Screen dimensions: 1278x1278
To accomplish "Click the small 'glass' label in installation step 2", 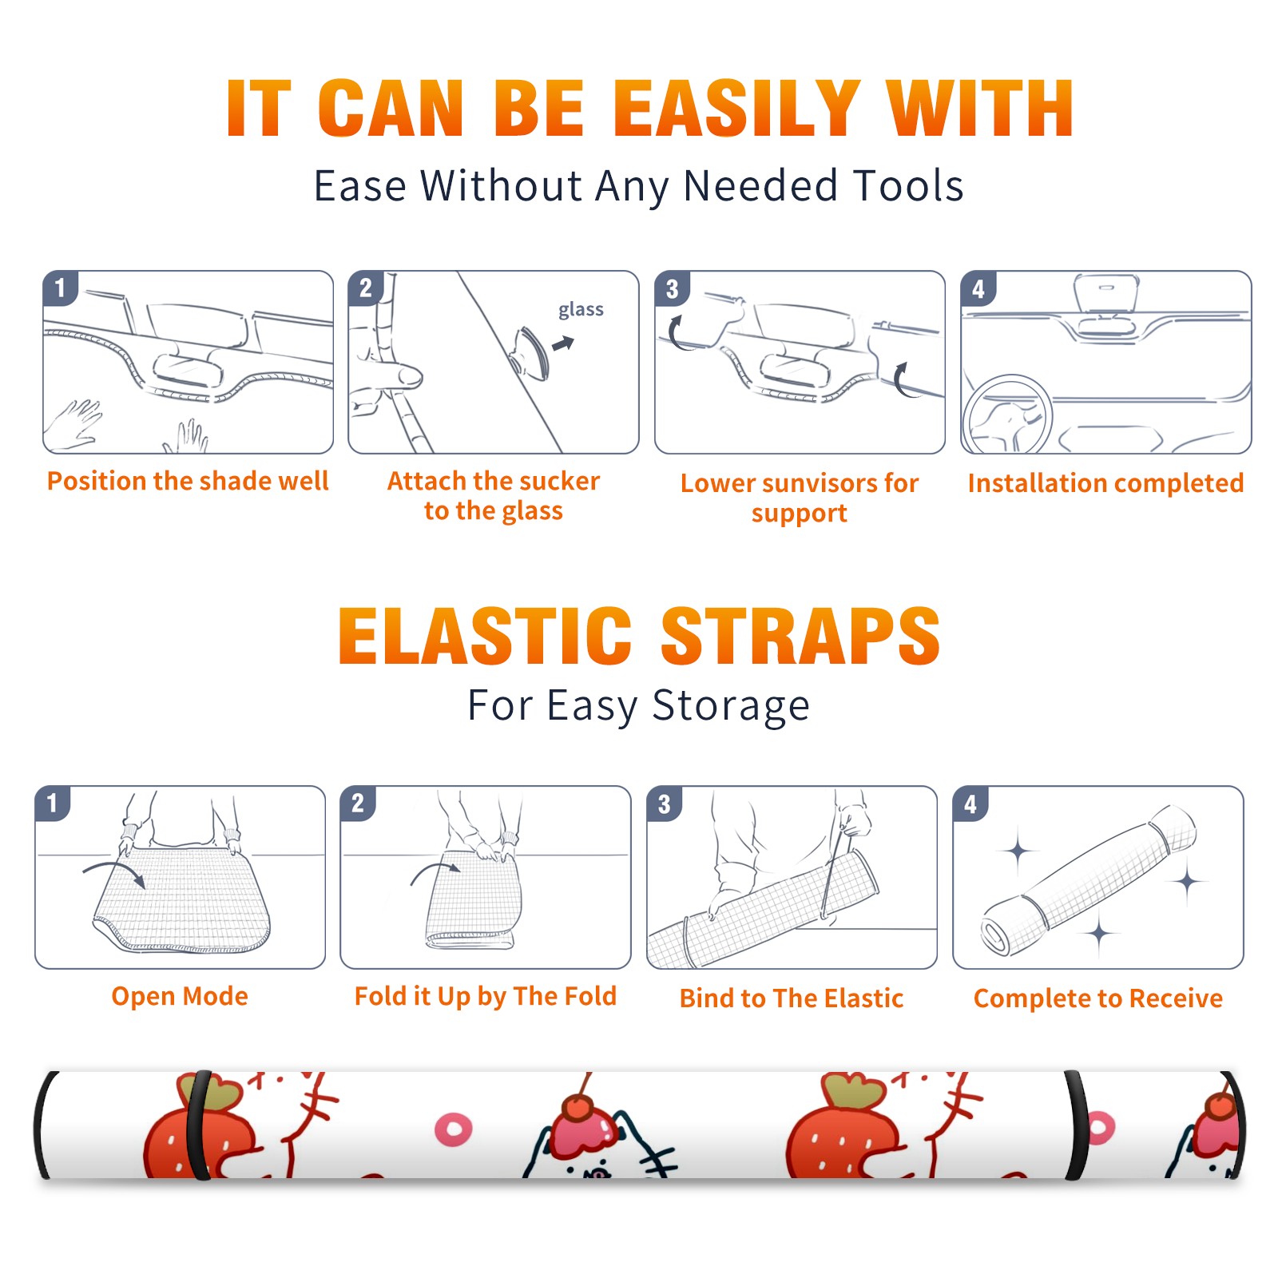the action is coord(581,310).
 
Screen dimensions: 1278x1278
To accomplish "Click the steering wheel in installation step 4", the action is coord(1007,415).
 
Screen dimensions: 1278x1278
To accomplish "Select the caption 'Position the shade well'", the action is coord(188,481).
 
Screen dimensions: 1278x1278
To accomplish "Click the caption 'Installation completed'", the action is coord(1105,482).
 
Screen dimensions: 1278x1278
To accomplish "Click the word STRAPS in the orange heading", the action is coord(800,636).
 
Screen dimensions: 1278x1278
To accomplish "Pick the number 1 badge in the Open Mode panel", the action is coord(53,803).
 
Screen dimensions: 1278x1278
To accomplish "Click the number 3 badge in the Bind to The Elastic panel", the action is coord(665,804).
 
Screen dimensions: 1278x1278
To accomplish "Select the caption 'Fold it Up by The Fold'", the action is coord(486,996).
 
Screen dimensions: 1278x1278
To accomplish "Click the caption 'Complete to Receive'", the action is coord(1098,998).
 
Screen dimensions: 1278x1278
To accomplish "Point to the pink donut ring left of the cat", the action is coord(453,1129).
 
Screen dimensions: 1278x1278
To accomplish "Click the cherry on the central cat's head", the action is coord(579,1109).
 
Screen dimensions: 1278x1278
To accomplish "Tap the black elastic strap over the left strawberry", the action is coord(196,1125).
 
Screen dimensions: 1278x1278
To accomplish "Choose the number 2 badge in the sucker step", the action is coord(366,288).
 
